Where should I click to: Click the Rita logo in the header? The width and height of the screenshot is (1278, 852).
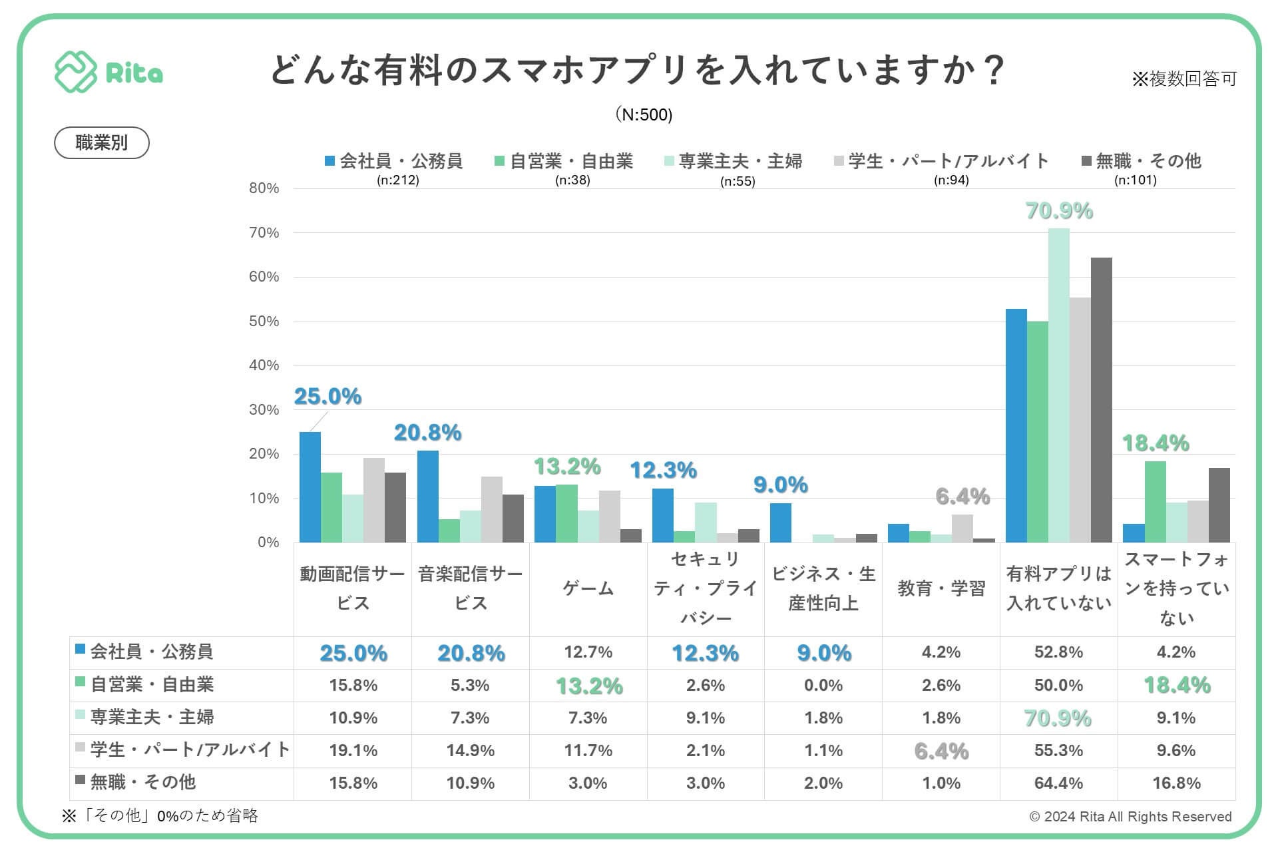pyautogui.click(x=108, y=72)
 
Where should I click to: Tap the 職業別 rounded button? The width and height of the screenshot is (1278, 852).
pyautogui.click(x=101, y=142)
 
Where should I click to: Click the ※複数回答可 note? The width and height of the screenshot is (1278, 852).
pyautogui.click(x=1183, y=79)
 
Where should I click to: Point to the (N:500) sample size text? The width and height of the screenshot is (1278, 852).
pyautogui.click(x=644, y=114)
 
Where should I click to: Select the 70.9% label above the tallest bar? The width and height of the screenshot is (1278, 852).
pyautogui.click(x=1059, y=211)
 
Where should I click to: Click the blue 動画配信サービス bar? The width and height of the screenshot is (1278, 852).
pyautogui.click(x=310, y=487)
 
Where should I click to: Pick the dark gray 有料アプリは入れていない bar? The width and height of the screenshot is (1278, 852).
pyautogui.click(x=1101, y=399)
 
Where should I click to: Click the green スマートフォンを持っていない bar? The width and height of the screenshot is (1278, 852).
pyautogui.click(x=1155, y=501)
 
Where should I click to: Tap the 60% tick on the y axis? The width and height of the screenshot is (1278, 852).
pyautogui.click(x=264, y=277)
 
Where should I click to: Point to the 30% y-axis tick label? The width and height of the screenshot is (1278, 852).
pyautogui.click(x=264, y=409)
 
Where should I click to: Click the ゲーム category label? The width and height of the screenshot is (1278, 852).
pyautogui.click(x=588, y=588)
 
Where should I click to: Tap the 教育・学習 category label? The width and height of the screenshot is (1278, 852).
pyautogui.click(x=941, y=588)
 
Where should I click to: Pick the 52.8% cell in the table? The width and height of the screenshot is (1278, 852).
pyautogui.click(x=1058, y=652)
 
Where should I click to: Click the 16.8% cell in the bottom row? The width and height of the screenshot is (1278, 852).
pyautogui.click(x=1176, y=783)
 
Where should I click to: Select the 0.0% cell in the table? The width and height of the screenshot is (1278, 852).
pyautogui.click(x=823, y=685)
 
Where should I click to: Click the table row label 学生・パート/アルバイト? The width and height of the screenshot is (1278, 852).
pyautogui.click(x=190, y=749)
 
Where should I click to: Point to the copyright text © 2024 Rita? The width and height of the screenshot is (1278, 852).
pyautogui.click(x=1130, y=817)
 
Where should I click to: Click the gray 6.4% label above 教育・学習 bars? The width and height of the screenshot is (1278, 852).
pyautogui.click(x=962, y=497)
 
